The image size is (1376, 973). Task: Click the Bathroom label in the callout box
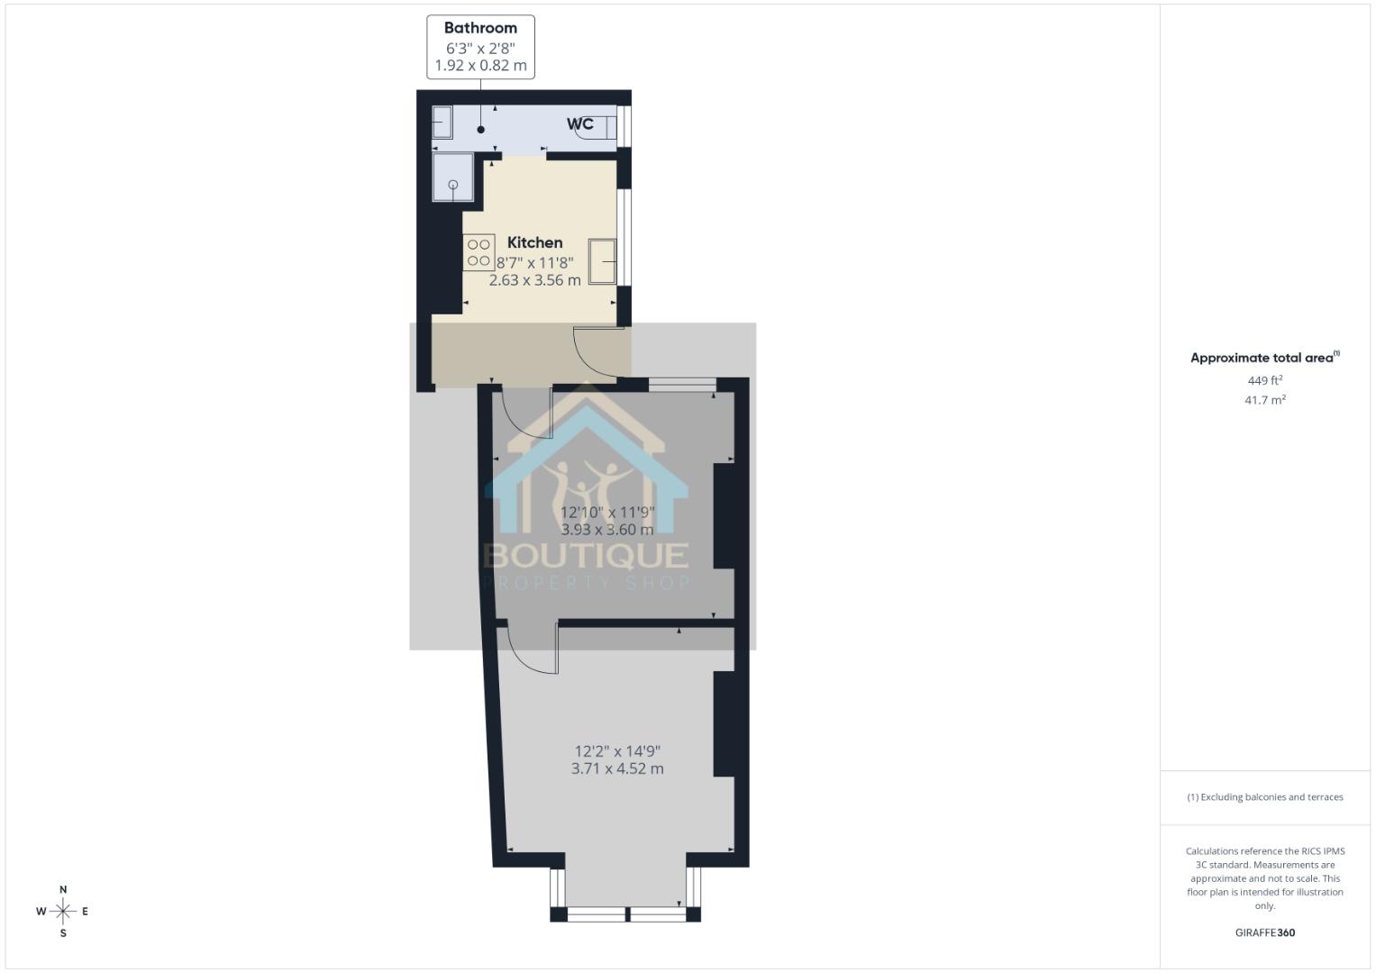click(x=480, y=28)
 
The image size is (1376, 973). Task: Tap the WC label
click(x=580, y=123)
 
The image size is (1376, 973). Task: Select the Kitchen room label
click(x=534, y=242)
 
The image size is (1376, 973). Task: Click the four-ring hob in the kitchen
click(x=478, y=252)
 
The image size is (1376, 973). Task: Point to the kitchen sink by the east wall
click(x=602, y=261)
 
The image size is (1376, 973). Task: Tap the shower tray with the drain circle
click(x=452, y=177)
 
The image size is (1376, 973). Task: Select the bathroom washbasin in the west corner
click(x=442, y=122)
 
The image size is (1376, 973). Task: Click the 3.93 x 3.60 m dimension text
click(x=607, y=530)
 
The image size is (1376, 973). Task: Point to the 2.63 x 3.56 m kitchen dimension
click(x=534, y=280)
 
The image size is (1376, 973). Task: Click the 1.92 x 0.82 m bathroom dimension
click(x=480, y=66)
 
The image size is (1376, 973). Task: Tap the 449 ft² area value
click(x=1264, y=381)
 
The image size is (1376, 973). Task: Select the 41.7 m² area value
click(x=1264, y=400)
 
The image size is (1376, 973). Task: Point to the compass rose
click(x=63, y=912)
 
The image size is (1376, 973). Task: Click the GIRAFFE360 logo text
click(x=1264, y=932)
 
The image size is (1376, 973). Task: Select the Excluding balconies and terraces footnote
click(x=1264, y=797)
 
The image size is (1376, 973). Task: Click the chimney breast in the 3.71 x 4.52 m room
click(x=724, y=723)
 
